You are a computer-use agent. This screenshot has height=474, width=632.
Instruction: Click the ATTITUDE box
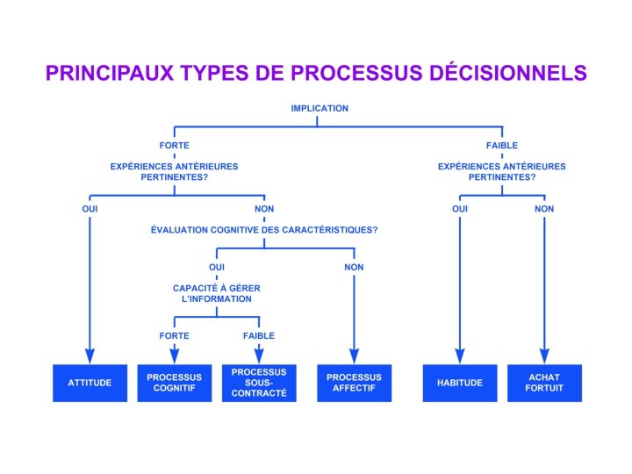[90, 383]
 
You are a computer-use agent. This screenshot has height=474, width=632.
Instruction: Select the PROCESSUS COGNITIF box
[174, 383]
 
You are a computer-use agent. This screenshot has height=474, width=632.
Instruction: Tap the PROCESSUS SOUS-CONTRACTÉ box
[259, 383]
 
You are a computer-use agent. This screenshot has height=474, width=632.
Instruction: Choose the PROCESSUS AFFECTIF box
[354, 383]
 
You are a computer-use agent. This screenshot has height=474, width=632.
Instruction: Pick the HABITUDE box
[459, 383]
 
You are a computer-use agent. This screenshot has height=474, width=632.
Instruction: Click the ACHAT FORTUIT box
[544, 383]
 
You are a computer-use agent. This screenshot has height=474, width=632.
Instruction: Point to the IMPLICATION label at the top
[320, 109]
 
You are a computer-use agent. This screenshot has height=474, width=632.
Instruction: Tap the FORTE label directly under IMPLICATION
[174, 146]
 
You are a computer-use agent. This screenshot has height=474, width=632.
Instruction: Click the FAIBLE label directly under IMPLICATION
[502, 146]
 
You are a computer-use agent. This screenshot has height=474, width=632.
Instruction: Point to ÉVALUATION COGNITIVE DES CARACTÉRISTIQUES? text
[264, 230]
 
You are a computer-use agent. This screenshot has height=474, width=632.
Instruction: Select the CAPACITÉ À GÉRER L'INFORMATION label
[216, 293]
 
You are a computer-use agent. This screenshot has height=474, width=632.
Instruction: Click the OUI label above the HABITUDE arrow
[459, 209]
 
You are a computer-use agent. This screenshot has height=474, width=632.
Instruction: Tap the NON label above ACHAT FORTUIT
[544, 209]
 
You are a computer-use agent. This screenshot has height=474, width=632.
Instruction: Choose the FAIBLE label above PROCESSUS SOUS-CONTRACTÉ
[259, 335]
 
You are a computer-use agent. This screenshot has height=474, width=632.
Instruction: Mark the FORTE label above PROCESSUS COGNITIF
[174, 335]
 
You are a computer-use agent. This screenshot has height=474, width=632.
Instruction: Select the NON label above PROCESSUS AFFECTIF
[354, 267]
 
